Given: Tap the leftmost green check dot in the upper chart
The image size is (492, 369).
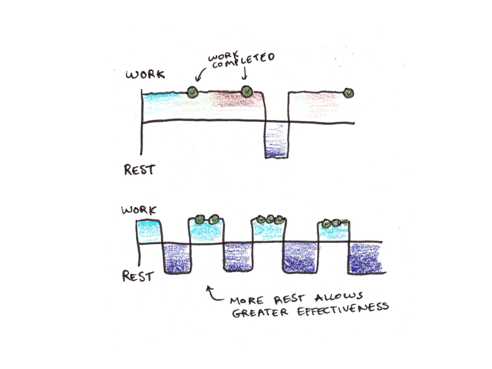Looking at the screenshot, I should point(192,93).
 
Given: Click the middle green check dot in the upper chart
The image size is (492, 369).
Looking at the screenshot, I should point(247,92).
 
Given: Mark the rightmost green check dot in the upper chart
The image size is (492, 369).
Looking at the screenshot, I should point(349,93).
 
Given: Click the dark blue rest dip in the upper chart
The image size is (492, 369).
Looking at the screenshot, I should point(276,141).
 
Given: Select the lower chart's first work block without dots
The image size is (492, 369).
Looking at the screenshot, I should point(148,231).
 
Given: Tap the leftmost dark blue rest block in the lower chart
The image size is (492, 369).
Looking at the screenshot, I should point(177,258).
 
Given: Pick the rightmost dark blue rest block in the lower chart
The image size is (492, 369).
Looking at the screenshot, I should point(368,258).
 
